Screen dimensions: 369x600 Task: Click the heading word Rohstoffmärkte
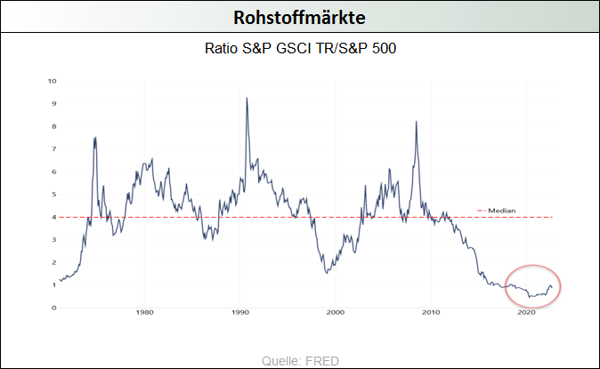300,17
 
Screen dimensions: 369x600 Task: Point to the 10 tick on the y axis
53,81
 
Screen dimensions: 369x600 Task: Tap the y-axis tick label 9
54,104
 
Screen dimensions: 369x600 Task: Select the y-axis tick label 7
54,149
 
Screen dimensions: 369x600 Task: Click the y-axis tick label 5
54,195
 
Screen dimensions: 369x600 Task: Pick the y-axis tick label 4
54,217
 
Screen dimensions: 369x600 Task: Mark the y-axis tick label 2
54,262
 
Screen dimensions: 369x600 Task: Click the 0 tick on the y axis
54,308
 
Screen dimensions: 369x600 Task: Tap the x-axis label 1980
145,313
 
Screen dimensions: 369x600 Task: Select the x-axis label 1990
240,313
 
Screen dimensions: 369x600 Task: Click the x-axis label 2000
336,313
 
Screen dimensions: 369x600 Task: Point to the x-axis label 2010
431,313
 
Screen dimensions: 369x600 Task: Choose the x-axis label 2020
526,313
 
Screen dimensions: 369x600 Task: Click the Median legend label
502,211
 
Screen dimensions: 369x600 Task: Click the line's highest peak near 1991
246,98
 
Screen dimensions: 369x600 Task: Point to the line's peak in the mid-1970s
94,137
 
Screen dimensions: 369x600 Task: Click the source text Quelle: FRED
300,360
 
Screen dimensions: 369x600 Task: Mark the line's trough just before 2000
327,272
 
